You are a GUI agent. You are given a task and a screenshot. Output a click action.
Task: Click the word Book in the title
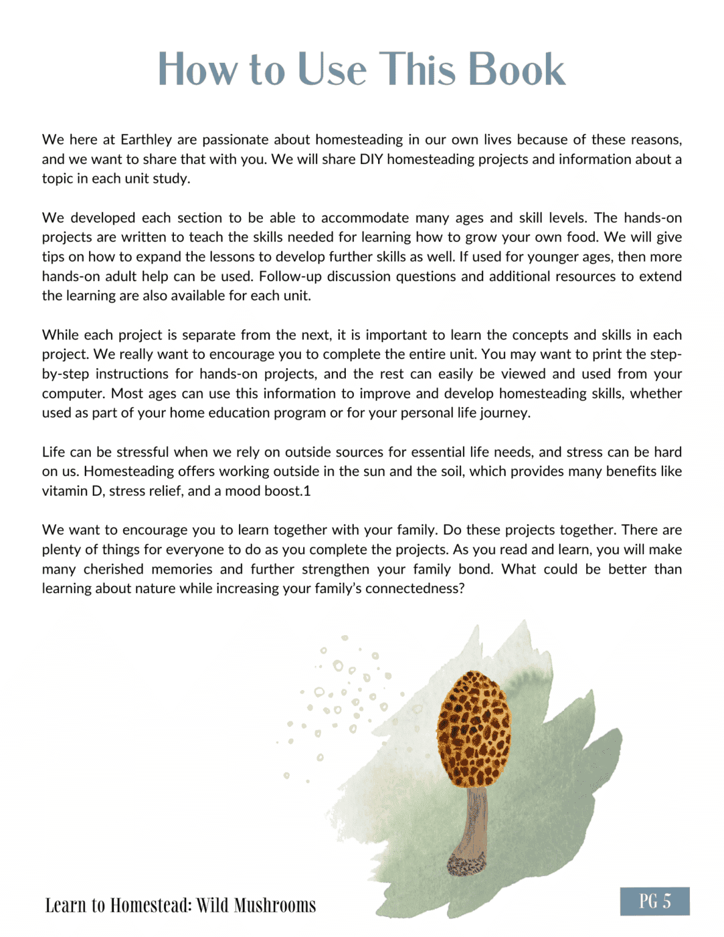[x=516, y=70]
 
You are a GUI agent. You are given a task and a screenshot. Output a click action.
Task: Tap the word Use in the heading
[x=332, y=70]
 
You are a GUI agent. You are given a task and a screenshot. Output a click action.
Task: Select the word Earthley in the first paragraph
[x=146, y=140]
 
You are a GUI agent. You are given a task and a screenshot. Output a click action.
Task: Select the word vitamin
[x=65, y=491]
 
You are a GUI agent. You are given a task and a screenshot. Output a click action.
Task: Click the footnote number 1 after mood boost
[x=307, y=491]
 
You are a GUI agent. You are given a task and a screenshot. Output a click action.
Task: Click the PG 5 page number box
[x=654, y=902]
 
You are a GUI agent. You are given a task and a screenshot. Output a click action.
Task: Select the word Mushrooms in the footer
[x=275, y=906]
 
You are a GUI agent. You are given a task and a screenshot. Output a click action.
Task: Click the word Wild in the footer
[x=213, y=906]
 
